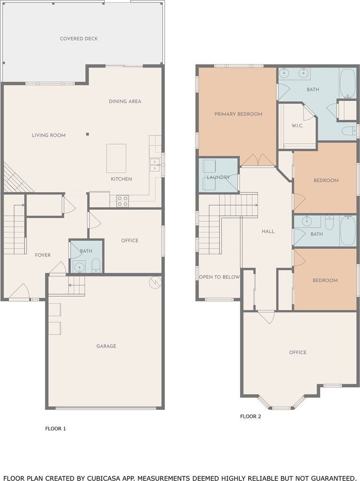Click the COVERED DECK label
tap(79, 39)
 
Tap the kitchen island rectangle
tap(116, 158)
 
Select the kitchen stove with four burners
tap(122, 201)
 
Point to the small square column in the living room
tap(87, 134)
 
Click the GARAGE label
tap(106, 346)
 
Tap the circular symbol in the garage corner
tap(155, 282)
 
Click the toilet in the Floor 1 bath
tap(96, 266)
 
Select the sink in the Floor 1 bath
tap(80, 266)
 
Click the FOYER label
tap(43, 255)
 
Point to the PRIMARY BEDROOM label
tap(238, 114)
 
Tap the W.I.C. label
tap(297, 125)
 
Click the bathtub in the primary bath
tap(348, 83)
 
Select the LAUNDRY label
tap(218, 177)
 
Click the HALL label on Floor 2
tap(268, 231)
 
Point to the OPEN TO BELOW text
tap(219, 277)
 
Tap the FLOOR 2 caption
tap(251, 416)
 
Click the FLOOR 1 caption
tap(55, 428)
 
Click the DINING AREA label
tap(125, 101)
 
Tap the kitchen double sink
tap(155, 165)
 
